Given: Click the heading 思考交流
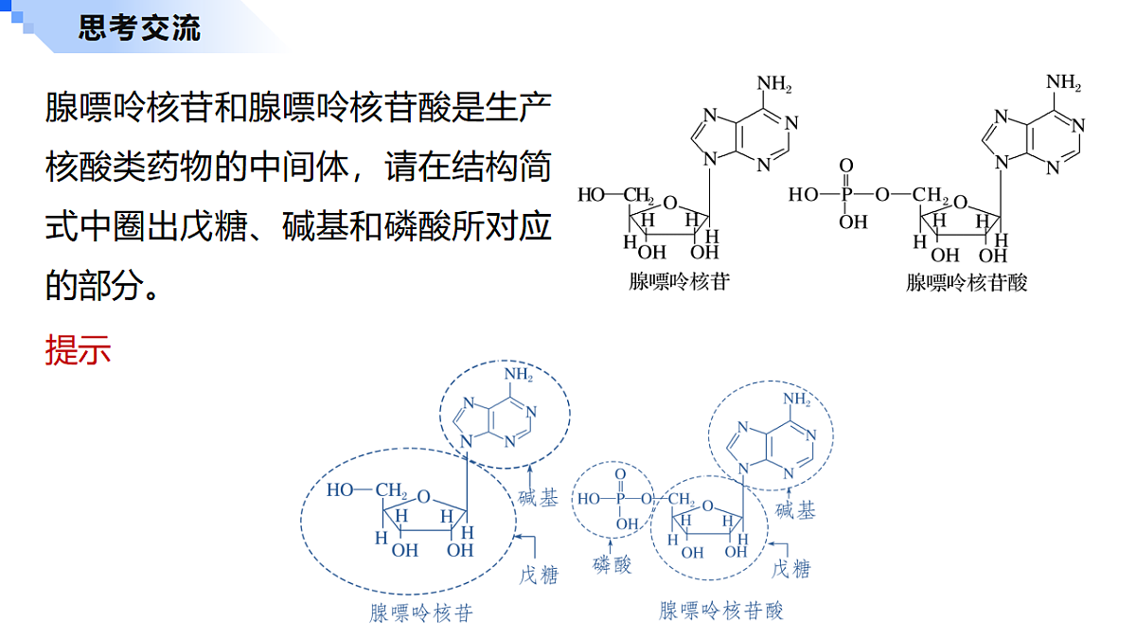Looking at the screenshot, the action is pyautogui.click(x=139, y=27).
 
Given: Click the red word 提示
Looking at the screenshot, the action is pyautogui.click(x=78, y=350).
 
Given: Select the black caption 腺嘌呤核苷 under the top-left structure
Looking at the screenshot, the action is pyautogui.click(x=679, y=281).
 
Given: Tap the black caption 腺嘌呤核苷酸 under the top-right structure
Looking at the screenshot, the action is pyautogui.click(x=967, y=282).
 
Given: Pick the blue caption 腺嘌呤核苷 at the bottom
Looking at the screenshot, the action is pyautogui.click(x=421, y=612).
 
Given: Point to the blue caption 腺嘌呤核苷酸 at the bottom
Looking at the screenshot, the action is pyautogui.click(x=721, y=611).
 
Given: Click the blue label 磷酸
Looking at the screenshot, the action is pyautogui.click(x=612, y=564).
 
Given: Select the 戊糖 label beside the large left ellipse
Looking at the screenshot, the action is pyautogui.click(x=539, y=576).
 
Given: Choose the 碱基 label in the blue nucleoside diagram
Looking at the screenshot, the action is pyautogui.click(x=538, y=498).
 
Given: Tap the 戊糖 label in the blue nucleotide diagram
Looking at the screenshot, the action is pyautogui.click(x=790, y=569).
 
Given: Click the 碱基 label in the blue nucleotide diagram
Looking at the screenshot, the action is pyautogui.click(x=795, y=510).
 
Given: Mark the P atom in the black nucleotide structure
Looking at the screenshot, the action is pyautogui.click(x=846, y=194).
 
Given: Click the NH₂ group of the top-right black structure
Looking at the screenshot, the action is pyautogui.click(x=1063, y=82).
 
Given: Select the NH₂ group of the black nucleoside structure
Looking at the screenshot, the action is pyautogui.click(x=774, y=83).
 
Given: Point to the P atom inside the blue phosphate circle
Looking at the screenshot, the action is pyautogui.click(x=620, y=499).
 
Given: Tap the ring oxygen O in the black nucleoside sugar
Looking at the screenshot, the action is pyautogui.click(x=670, y=203).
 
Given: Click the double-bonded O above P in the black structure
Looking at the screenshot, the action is pyautogui.click(x=846, y=166).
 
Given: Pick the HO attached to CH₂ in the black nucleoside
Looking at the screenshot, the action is pyautogui.click(x=592, y=194).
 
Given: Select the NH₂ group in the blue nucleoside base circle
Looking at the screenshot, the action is pyautogui.click(x=519, y=375).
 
